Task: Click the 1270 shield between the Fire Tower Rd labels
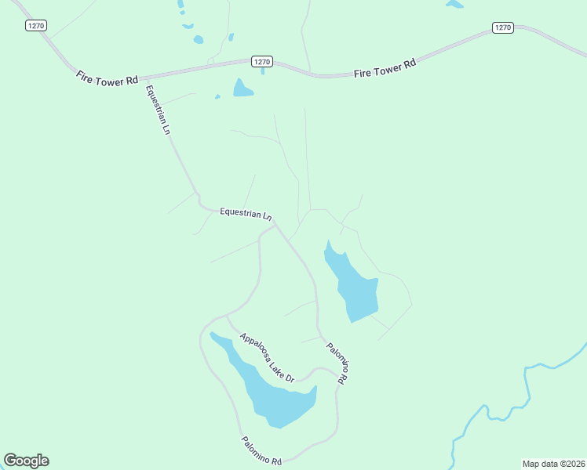pyautogui.click(x=262, y=61)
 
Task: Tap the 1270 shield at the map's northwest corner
pyautogui.click(x=35, y=26)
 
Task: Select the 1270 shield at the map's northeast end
pyautogui.click(x=503, y=27)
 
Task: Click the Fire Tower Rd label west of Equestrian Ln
pyautogui.click(x=108, y=78)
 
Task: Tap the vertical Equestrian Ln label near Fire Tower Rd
pyautogui.click(x=157, y=110)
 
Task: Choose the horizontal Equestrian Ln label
pyautogui.click(x=246, y=212)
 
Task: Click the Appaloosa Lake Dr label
pyautogui.click(x=267, y=357)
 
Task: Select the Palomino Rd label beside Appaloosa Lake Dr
pyautogui.click(x=337, y=363)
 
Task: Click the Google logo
pyautogui.click(x=26, y=461)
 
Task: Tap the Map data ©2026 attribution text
pyautogui.click(x=553, y=464)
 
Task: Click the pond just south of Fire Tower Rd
pyautogui.click(x=242, y=89)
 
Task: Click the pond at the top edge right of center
pyautogui.click(x=454, y=4)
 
